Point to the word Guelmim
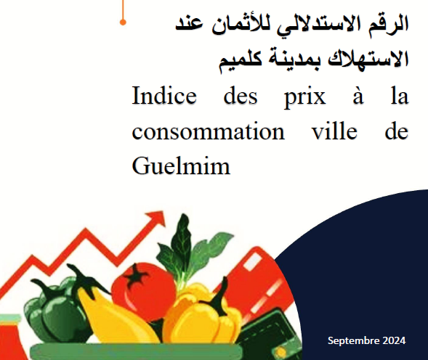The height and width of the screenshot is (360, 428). tap(181, 167)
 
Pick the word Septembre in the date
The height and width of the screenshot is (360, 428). tap(352, 340)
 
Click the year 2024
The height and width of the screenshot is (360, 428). tap(392, 340)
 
